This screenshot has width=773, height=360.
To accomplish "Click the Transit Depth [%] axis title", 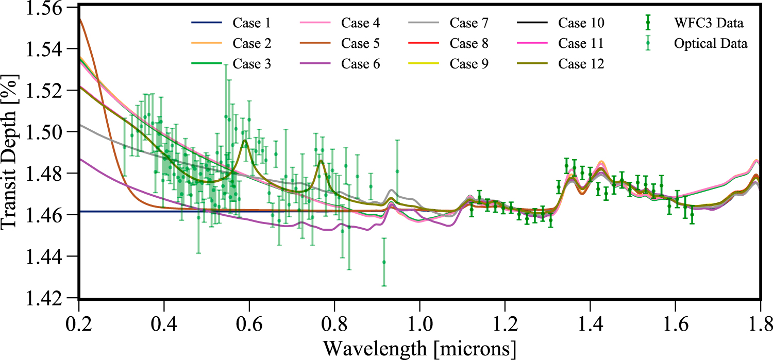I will pos(11,153).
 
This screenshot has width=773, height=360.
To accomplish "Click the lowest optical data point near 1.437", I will pos(384,262).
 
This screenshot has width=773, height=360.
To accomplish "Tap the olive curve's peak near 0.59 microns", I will pos(245,140).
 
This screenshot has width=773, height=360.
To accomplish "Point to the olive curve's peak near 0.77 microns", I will pos(321,160).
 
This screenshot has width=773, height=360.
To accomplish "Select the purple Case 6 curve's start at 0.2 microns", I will pos(79,159).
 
